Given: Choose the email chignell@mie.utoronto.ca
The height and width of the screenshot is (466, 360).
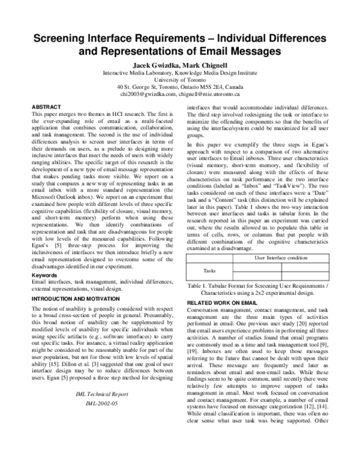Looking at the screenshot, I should [208, 94].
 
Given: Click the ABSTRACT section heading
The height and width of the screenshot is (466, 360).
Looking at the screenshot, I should [46, 106].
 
